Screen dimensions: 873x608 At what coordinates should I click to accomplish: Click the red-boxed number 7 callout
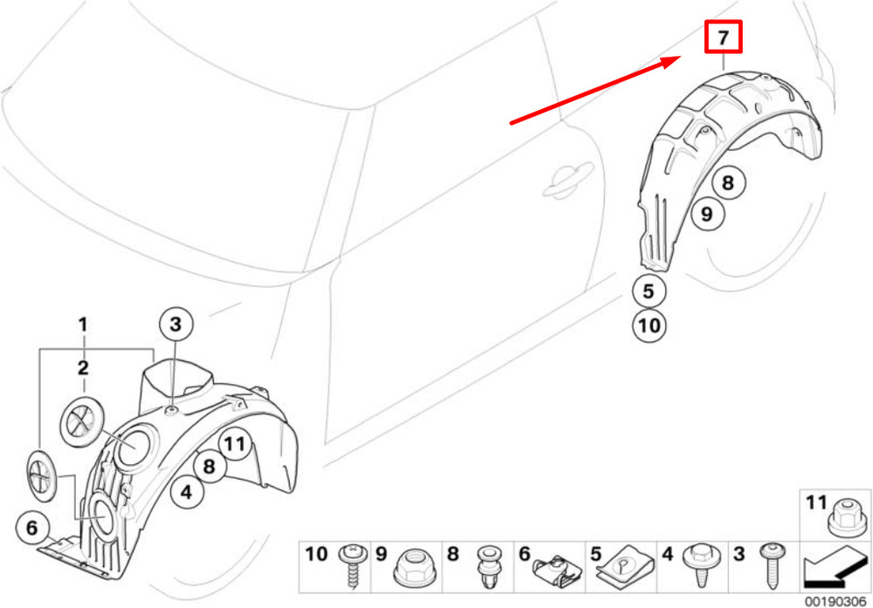(x=723, y=37)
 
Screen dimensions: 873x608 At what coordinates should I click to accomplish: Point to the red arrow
(x=595, y=90)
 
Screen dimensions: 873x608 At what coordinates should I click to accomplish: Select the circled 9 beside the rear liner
(x=706, y=214)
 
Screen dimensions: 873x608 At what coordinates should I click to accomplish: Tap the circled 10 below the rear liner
(x=650, y=325)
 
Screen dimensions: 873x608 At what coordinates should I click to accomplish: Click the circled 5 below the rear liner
(x=649, y=291)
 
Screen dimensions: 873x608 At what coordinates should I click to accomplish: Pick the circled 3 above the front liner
(x=176, y=324)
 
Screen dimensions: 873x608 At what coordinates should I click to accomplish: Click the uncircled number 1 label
(x=83, y=324)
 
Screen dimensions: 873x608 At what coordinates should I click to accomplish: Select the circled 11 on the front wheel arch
(x=235, y=444)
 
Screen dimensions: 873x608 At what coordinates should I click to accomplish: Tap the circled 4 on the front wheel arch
(x=187, y=492)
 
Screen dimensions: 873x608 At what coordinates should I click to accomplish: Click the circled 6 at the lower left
(x=32, y=528)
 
